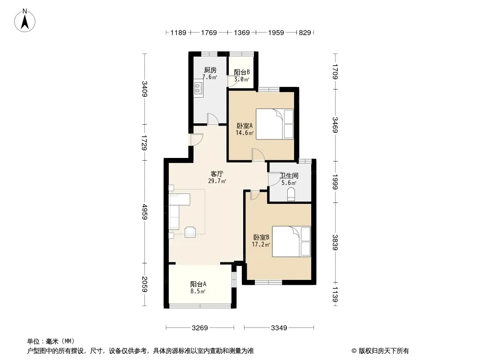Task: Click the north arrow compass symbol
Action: click(25, 20)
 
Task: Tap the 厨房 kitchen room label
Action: click(210, 70)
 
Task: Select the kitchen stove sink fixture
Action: click(198, 88)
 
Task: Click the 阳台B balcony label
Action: click(242, 72)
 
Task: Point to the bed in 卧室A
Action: click(275, 124)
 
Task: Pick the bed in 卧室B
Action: click(291, 241)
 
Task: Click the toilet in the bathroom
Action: click(291, 194)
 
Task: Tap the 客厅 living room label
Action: click(217, 174)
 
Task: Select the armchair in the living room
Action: click(190, 232)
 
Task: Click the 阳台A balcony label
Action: click(198, 284)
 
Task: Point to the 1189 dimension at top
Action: click(178, 32)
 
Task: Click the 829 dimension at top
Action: click(305, 32)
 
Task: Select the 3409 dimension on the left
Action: click(145, 89)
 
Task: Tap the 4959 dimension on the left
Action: click(145, 211)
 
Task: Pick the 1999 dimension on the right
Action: click(335, 182)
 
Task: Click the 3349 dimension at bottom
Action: click(279, 328)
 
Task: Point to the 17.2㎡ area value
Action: click(261, 245)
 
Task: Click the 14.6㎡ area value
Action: click(245, 133)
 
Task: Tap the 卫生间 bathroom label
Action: click(289, 175)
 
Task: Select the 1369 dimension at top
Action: click(242, 32)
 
